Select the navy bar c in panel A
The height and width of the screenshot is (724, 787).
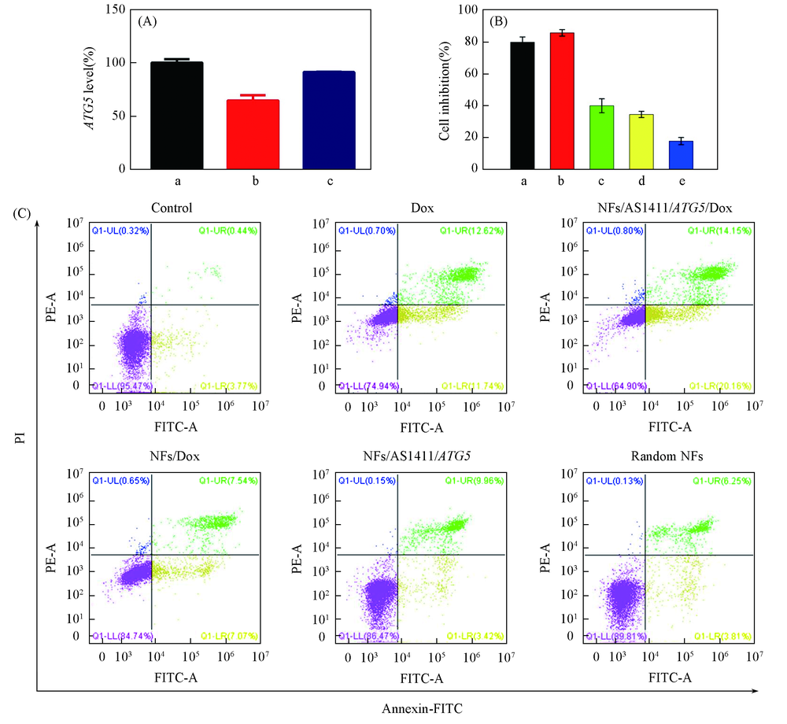(330, 120)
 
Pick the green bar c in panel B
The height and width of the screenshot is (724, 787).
(602, 137)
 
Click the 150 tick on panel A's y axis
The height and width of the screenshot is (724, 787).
(116, 10)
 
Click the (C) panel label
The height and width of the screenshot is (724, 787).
(24, 212)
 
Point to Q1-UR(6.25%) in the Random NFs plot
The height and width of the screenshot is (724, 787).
(719, 480)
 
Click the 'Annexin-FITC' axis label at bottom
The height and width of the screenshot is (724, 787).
(422, 708)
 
